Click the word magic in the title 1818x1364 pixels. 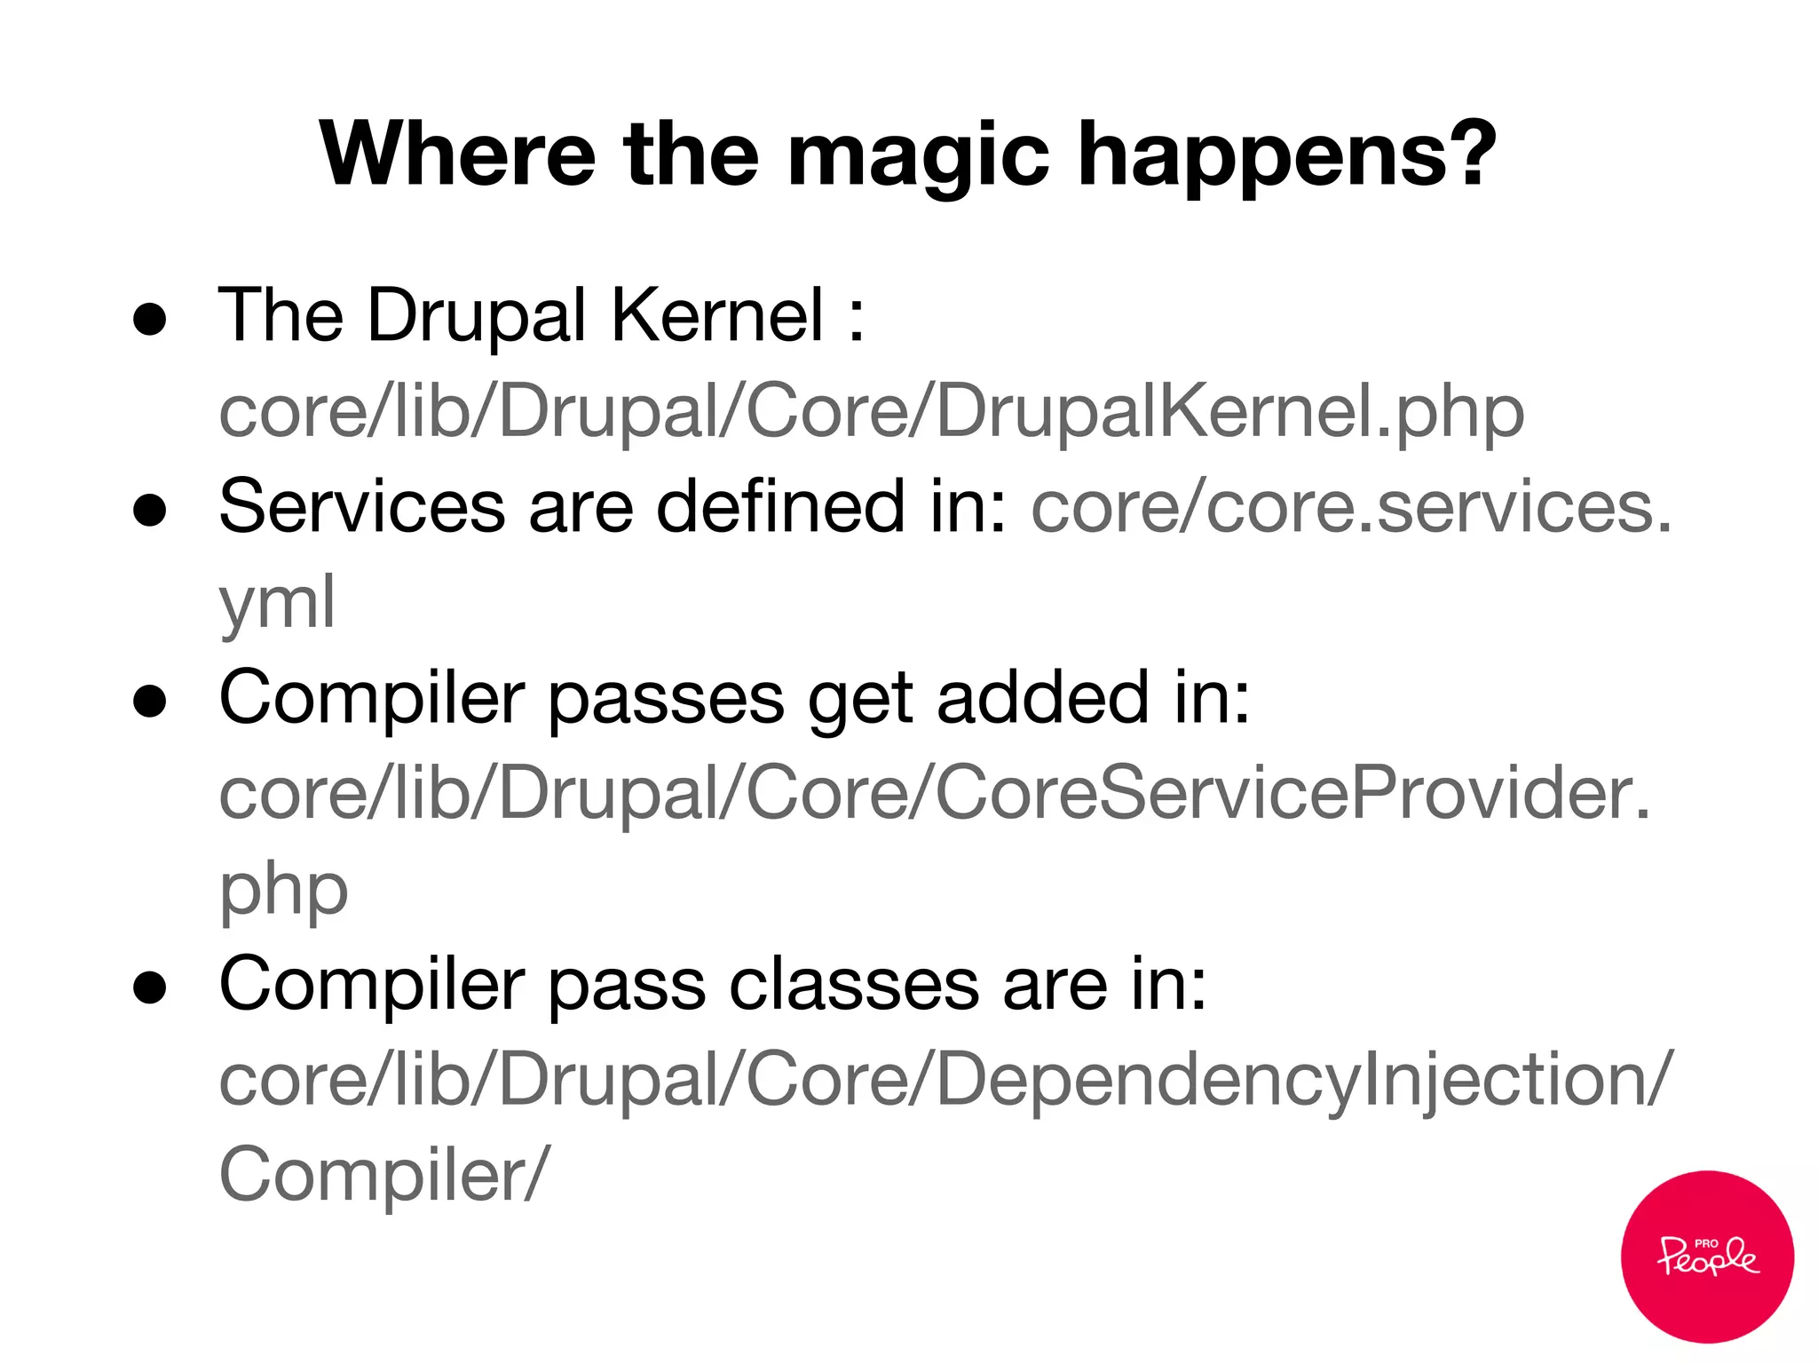pyautogui.click(x=918, y=158)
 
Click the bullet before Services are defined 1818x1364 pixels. pyautogui.click(x=149, y=511)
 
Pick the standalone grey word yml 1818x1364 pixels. pyautogui.click(x=277, y=604)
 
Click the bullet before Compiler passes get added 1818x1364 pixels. pyautogui.click(x=149, y=701)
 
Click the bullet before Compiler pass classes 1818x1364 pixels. pyautogui.click(x=149, y=987)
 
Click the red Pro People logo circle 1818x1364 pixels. pyautogui.click(x=1706, y=1257)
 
